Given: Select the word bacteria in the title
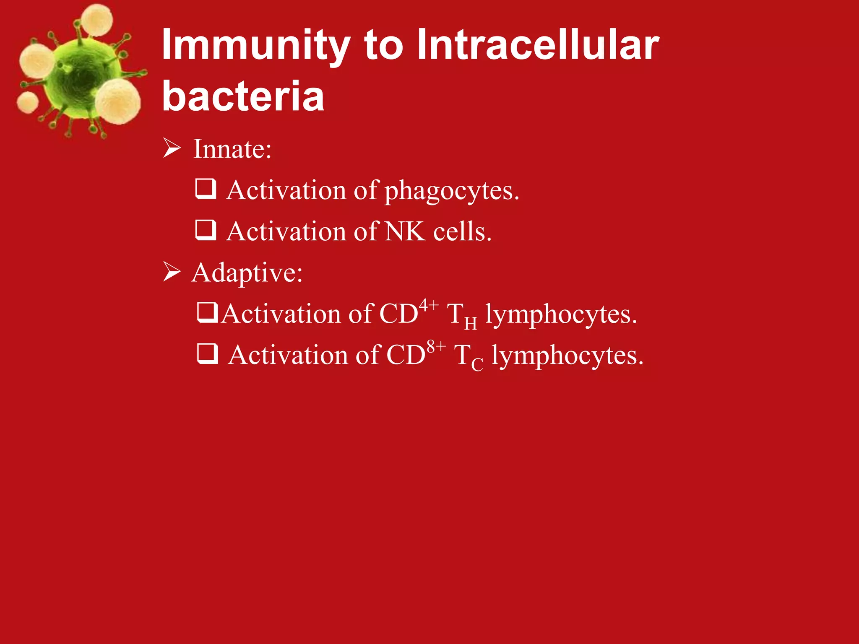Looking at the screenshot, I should (243, 96).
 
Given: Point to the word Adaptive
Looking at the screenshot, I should (247, 273).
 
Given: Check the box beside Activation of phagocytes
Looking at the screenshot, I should (206, 189).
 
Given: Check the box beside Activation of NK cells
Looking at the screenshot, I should (206, 230).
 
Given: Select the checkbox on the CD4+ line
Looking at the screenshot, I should (207, 313).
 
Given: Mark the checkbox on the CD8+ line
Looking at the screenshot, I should (208, 353).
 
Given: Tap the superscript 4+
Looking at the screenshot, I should (429, 305).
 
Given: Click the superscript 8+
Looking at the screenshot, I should (436, 347).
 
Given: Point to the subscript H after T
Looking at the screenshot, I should (471, 324).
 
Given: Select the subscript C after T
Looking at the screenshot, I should (477, 364).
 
